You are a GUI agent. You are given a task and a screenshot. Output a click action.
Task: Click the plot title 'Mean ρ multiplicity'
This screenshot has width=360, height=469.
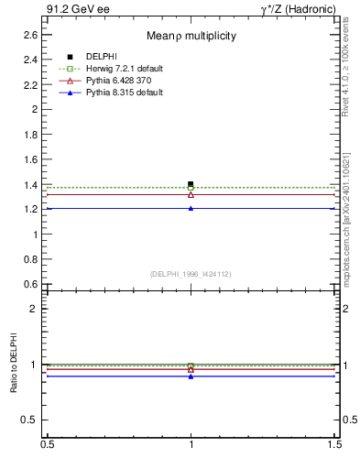point(191,36)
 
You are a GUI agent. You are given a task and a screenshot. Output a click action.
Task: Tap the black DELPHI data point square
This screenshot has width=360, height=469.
point(191,184)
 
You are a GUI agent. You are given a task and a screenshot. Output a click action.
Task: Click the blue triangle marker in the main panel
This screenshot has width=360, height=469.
point(191,208)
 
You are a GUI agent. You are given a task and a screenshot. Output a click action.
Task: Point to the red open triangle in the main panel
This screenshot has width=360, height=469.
point(191,194)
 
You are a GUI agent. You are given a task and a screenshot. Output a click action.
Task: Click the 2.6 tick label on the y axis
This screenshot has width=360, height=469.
point(30,34)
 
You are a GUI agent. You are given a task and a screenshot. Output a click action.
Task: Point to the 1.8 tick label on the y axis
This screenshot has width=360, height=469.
point(30,134)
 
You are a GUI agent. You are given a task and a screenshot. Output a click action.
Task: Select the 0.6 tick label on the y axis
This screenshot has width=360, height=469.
point(30,284)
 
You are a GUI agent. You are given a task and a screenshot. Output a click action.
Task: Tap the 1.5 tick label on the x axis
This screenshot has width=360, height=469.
point(336,444)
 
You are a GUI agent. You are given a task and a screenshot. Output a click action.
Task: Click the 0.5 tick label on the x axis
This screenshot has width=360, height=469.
point(46,444)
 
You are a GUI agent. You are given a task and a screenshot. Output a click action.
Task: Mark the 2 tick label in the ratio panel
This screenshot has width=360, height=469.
point(34,309)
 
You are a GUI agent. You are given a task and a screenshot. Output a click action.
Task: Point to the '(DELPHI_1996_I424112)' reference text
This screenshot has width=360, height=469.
point(191,274)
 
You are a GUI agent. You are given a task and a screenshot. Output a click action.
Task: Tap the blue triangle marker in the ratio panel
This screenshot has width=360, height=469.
point(191,376)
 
